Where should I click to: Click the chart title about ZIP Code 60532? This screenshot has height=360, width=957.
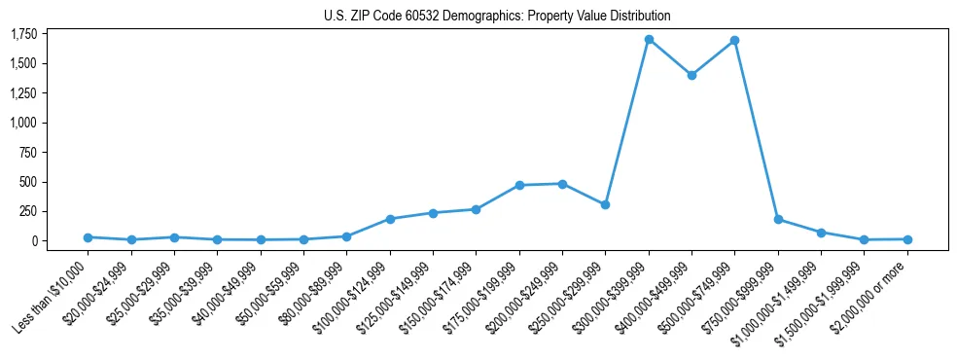497,17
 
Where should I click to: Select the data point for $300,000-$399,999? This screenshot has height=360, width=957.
649,40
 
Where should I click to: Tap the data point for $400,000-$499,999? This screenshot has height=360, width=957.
691,75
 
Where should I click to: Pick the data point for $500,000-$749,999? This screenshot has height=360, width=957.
734,41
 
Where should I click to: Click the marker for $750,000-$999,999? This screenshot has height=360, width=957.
778,219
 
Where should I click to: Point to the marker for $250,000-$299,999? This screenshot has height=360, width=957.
605,204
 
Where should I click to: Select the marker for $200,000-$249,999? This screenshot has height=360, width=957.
562,184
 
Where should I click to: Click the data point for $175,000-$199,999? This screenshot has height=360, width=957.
519,185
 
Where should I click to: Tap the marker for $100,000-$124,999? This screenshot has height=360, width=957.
390,219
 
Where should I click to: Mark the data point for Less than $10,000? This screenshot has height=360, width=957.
88,237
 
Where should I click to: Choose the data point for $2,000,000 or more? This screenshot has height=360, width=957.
907,239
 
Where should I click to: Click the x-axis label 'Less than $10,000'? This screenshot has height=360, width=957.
53,292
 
